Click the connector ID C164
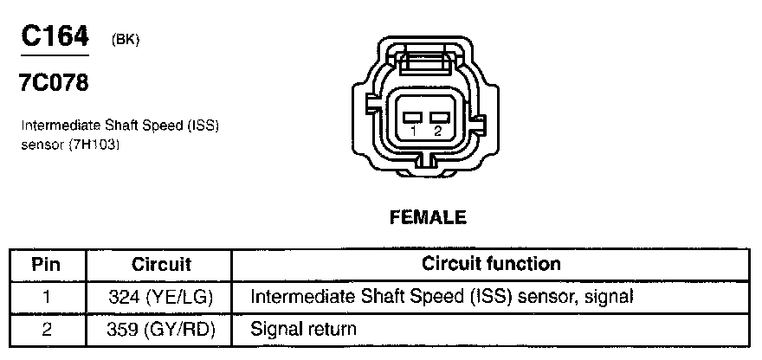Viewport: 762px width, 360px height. click(54, 38)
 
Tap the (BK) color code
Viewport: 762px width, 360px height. click(126, 41)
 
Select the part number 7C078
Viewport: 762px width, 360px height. click(53, 85)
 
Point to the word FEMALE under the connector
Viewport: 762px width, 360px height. click(428, 217)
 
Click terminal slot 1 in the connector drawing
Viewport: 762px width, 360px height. click(414, 116)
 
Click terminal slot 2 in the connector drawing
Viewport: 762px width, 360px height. click(440, 116)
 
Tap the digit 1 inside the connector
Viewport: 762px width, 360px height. click(415, 132)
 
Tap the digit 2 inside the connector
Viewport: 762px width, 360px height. click(438, 132)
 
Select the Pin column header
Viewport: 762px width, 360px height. click(46, 263)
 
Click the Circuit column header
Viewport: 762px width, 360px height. click(161, 263)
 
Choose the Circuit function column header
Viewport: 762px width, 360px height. click(491, 263)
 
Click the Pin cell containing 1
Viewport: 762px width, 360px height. click(46, 297)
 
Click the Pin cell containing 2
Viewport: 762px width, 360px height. click(46, 330)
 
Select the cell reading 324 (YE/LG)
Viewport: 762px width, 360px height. click(161, 297)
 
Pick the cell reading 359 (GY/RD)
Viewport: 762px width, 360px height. click(161, 330)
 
